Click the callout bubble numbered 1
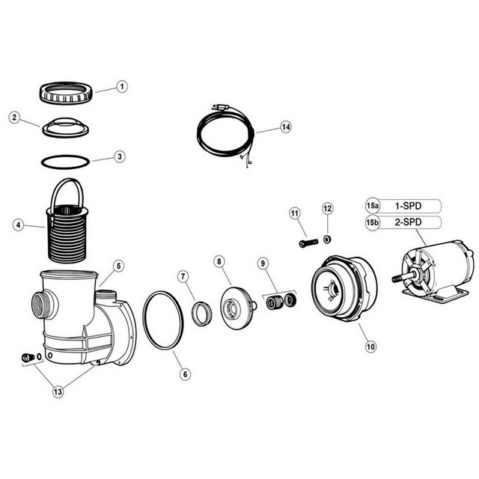pos(122,87)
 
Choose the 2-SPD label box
pos(416,222)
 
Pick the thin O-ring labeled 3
pos(65,161)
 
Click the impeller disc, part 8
pos(236,303)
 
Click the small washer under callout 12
pos(327,240)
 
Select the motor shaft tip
pos(395,278)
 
